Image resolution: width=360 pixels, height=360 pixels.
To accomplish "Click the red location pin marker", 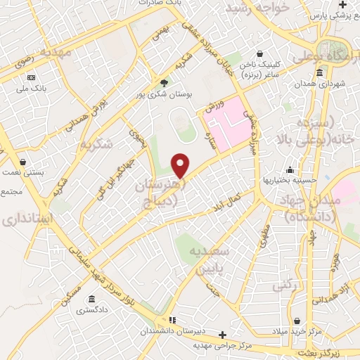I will click(x=181, y=165).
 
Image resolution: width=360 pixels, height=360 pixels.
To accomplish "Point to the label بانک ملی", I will click(x=32, y=87).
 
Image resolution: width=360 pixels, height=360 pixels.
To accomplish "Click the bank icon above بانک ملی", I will click(x=31, y=77).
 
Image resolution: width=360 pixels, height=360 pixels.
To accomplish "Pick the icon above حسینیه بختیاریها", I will click(x=290, y=169).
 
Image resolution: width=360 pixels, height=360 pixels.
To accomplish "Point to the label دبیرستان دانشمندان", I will click(x=169, y=330).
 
